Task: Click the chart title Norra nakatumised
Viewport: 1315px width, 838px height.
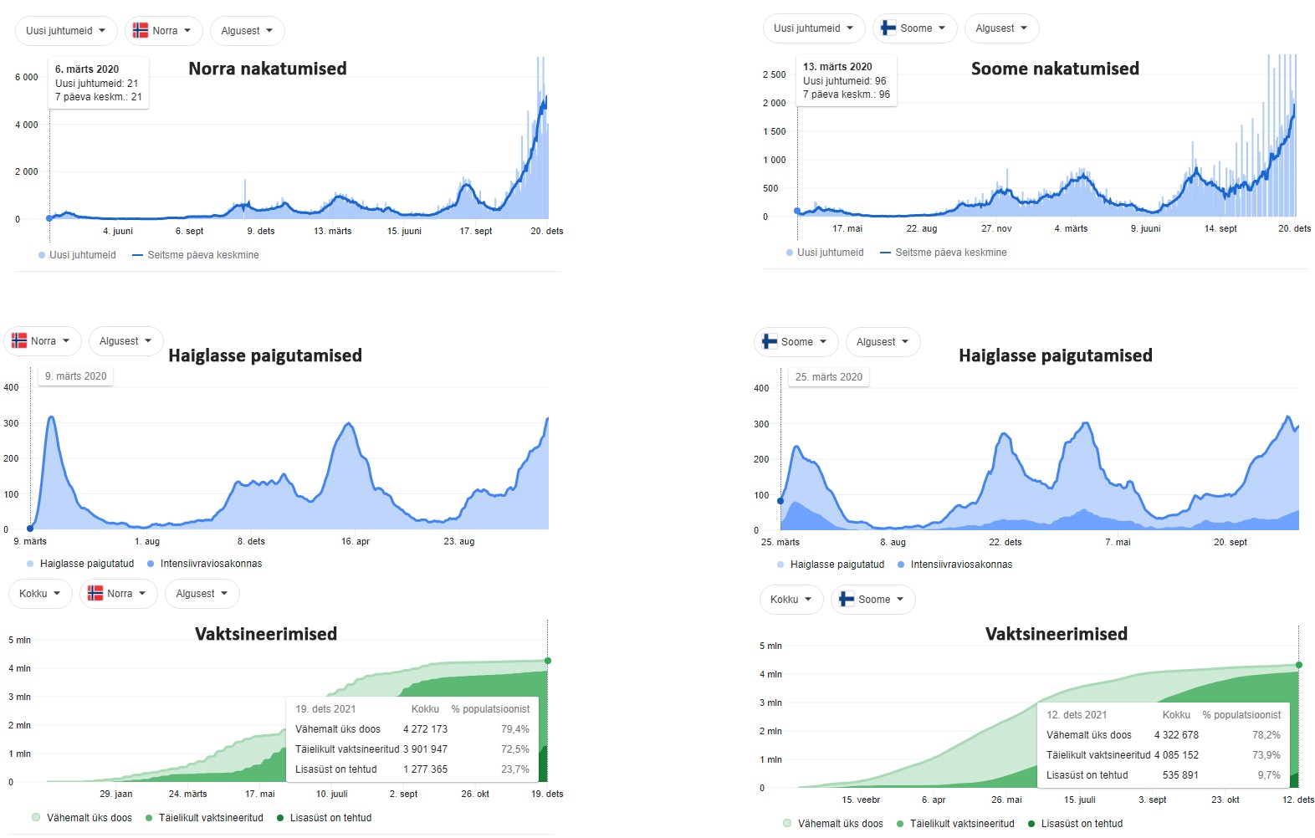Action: (267, 69)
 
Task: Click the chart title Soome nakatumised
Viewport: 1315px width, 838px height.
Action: (1055, 69)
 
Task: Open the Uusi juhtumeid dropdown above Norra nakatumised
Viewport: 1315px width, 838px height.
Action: (66, 31)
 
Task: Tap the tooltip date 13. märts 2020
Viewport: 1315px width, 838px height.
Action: (837, 67)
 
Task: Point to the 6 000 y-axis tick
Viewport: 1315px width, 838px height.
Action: (27, 77)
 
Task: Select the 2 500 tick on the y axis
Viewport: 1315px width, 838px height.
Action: (774, 74)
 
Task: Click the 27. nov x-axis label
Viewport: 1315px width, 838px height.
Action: (996, 228)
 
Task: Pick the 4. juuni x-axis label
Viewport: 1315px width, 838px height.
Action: (118, 231)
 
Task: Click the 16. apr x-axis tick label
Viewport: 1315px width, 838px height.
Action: (356, 541)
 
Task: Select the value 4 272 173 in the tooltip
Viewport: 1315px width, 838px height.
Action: (425, 729)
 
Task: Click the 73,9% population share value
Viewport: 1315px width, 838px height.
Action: (1266, 755)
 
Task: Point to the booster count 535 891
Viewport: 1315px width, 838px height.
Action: (1180, 775)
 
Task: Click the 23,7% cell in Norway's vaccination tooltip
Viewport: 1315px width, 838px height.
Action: (515, 769)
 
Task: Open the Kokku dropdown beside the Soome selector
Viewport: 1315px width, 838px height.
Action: (791, 600)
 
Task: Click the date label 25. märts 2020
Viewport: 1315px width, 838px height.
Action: (828, 377)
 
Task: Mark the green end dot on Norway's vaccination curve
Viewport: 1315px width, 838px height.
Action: (548, 661)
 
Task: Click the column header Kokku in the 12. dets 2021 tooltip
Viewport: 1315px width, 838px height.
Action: (1176, 715)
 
